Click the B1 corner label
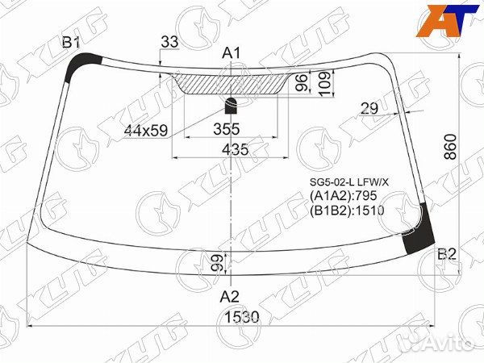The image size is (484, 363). [x=72, y=42]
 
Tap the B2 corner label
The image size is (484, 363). [x=447, y=254]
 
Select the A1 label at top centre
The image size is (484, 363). [x=232, y=53]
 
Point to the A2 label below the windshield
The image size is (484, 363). [x=230, y=297]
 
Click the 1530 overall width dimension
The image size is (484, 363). [x=242, y=317]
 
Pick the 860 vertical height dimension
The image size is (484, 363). [x=450, y=147]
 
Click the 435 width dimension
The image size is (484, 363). [x=235, y=149]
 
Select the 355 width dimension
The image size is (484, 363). [x=226, y=129]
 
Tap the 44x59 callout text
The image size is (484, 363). [x=146, y=131]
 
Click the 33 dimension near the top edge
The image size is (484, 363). [x=169, y=42]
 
